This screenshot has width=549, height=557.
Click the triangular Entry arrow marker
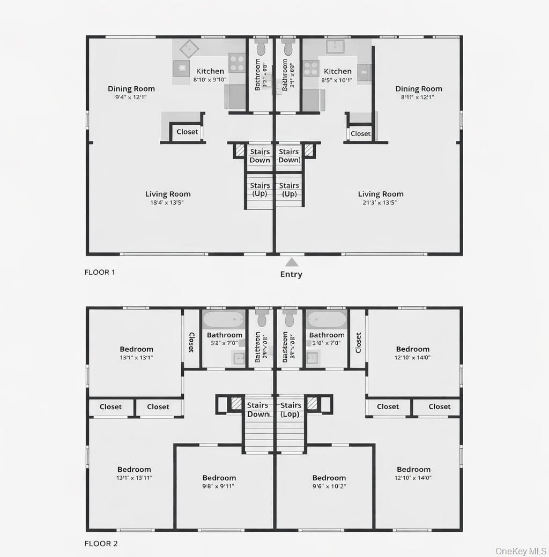click(291, 262)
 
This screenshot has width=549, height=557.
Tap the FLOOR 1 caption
click(100, 272)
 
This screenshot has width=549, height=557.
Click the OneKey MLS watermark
click(521, 551)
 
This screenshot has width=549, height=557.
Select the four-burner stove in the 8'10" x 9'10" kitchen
click(236, 62)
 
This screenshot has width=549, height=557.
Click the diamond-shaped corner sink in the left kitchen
click(189, 49)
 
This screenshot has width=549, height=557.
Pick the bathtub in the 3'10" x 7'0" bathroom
click(327, 320)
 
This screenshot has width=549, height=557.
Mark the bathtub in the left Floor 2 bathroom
click(224, 320)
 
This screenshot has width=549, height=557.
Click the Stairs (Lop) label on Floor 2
click(291, 410)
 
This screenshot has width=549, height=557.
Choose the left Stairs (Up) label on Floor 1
click(260, 190)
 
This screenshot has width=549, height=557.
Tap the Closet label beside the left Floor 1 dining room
click(187, 132)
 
